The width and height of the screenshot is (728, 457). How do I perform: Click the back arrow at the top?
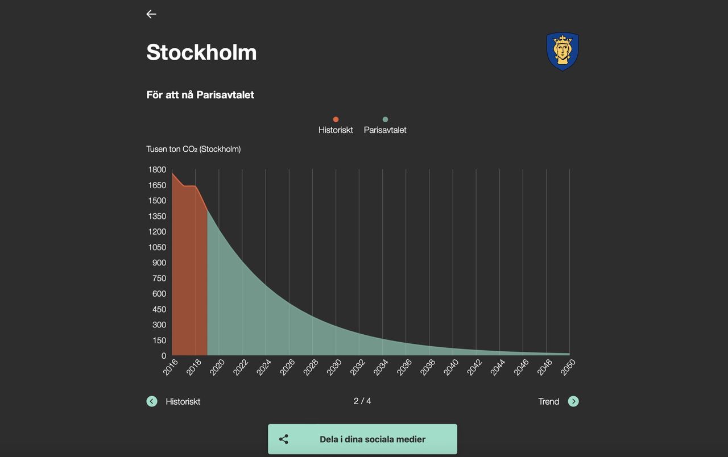tap(151, 14)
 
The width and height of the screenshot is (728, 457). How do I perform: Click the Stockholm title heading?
tap(201, 52)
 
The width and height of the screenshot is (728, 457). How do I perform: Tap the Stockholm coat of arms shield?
tap(562, 51)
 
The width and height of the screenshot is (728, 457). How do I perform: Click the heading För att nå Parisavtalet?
tap(200, 95)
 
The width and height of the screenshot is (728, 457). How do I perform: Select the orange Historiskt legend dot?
tap(336, 119)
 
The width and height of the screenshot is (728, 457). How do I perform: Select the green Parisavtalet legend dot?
tap(385, 119)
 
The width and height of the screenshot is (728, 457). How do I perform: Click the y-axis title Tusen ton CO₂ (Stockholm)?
tap(193, 149)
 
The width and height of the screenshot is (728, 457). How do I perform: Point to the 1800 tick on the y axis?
tap(157, 169)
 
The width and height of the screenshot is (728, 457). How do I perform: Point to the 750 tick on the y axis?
tap(159, 278)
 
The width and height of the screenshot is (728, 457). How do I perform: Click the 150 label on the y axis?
tap(159, 340)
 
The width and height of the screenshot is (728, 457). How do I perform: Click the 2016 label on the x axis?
tap(171, 367)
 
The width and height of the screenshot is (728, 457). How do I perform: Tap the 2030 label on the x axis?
tap(334, 367)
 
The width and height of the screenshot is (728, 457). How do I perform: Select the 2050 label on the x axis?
tap(568, 367)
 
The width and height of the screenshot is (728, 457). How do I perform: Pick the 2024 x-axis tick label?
tap(264, 367)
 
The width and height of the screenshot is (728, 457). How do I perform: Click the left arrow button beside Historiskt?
tap(152, 401)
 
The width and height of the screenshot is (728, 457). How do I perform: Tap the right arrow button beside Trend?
tap(573, 401)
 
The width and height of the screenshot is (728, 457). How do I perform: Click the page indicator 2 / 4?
tap(362, 401)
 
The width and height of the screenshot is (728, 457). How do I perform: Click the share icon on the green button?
tap(284, 439)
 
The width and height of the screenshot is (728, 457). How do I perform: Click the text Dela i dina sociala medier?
tap(373, 439)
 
